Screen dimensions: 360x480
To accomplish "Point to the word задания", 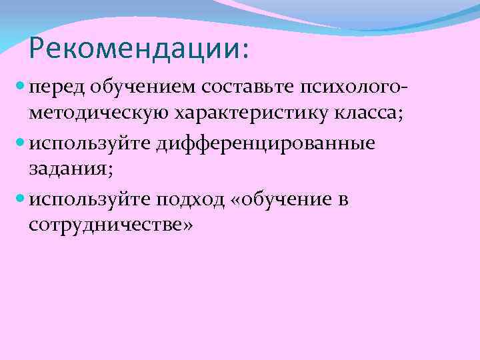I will click(x=70, y=170).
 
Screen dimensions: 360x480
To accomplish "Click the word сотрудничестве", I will click(x=105, y=226).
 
